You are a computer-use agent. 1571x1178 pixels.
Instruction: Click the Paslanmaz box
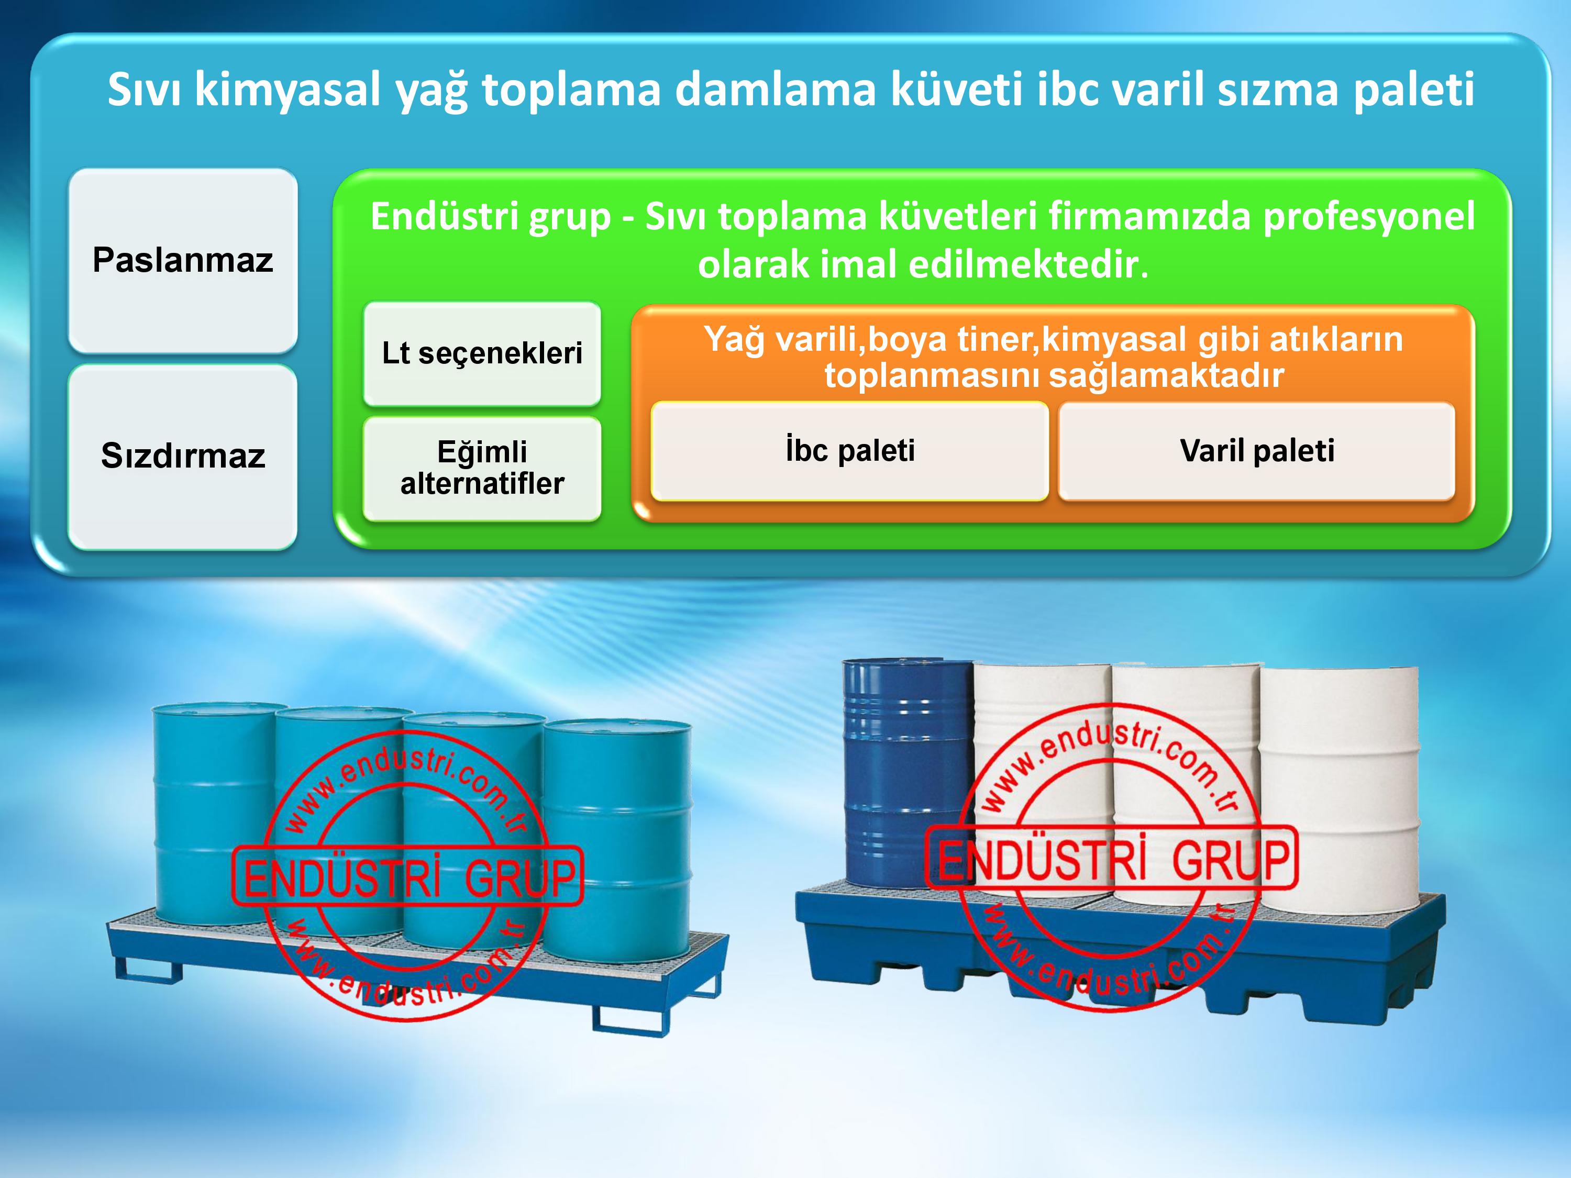[183, 260]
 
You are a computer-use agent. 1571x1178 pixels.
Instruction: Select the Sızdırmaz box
[183, 456]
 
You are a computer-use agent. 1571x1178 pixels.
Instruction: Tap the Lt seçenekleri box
[482, 353]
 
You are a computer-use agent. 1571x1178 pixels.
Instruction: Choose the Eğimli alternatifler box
[482, 468]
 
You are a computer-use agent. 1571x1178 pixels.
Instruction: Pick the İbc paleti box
[849, 451]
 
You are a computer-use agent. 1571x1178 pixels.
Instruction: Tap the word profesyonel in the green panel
[1368, 217]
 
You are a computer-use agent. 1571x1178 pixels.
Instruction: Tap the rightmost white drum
[1340, 790]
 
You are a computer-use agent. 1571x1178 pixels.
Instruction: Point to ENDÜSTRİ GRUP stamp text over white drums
[1113, 859]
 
